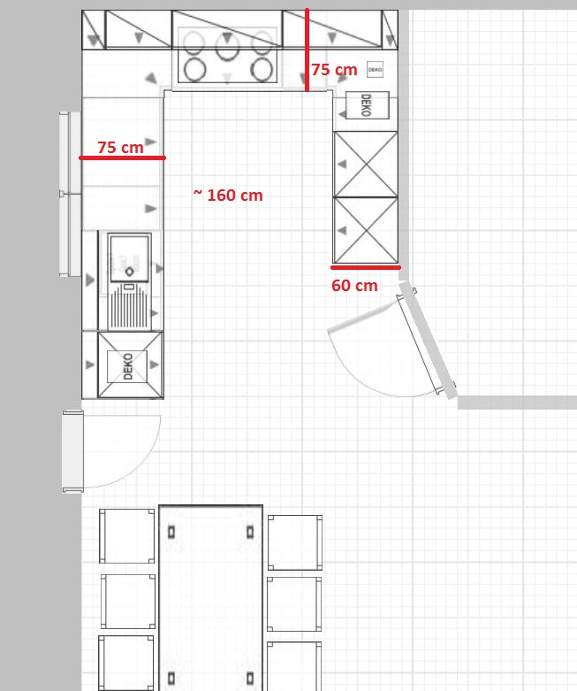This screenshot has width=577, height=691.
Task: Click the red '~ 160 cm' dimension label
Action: [228, 195]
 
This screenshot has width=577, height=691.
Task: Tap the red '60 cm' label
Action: [354, 285]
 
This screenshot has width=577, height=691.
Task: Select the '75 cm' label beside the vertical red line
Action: [334, 69]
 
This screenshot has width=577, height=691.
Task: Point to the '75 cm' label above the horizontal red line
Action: [120, 147]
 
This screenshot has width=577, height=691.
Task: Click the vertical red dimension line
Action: [307, 50]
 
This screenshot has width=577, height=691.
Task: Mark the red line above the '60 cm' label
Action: [366, 267]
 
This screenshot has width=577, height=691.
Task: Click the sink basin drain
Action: [129, 272]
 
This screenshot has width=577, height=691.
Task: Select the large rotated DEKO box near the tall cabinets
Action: [367, 105]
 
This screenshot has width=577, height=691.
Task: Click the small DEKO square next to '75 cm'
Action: [375, 70]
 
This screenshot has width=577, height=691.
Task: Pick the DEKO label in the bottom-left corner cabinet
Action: [127, 366]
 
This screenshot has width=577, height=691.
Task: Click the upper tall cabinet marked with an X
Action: [366, 165]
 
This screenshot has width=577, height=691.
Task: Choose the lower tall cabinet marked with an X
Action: [366, 230]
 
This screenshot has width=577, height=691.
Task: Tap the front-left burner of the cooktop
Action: [195, 70]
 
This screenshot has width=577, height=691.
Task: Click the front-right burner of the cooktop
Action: [262, 70]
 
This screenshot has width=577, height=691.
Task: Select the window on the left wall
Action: [70, 194]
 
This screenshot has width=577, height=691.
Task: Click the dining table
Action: [211, 597]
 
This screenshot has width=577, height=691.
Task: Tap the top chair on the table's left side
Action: [126, 536]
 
